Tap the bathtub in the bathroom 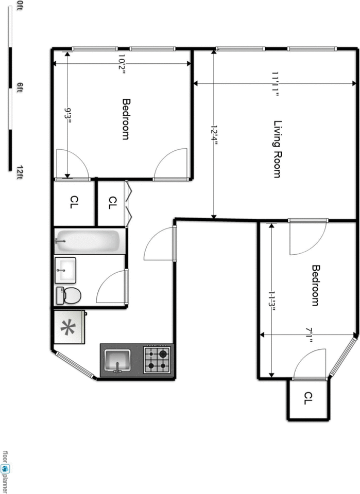[x=90, y=241]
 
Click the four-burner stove [x=157, y=359]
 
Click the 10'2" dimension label [x=122, y=64]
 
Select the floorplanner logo [x=6, y=469]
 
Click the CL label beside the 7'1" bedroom [x=308, y=398]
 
